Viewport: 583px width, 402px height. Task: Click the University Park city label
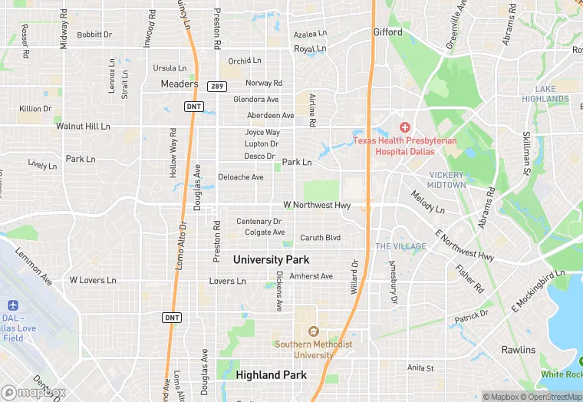271,260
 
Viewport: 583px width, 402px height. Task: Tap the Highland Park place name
271,375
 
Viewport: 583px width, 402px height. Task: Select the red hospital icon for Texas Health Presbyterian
404,127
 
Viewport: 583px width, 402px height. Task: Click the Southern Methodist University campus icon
313,331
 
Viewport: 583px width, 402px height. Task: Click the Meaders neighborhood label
180,84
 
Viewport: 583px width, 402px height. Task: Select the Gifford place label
387,32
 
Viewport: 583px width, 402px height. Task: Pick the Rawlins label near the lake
519,350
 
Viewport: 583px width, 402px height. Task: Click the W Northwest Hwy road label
317,206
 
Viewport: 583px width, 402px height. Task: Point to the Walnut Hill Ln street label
83,126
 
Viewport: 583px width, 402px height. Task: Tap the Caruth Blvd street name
320,238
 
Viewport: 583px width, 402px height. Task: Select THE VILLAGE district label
400,246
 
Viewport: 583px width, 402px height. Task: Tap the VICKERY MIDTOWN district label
447,180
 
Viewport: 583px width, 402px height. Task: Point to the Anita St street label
420,368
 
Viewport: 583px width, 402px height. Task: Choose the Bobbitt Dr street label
94,35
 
